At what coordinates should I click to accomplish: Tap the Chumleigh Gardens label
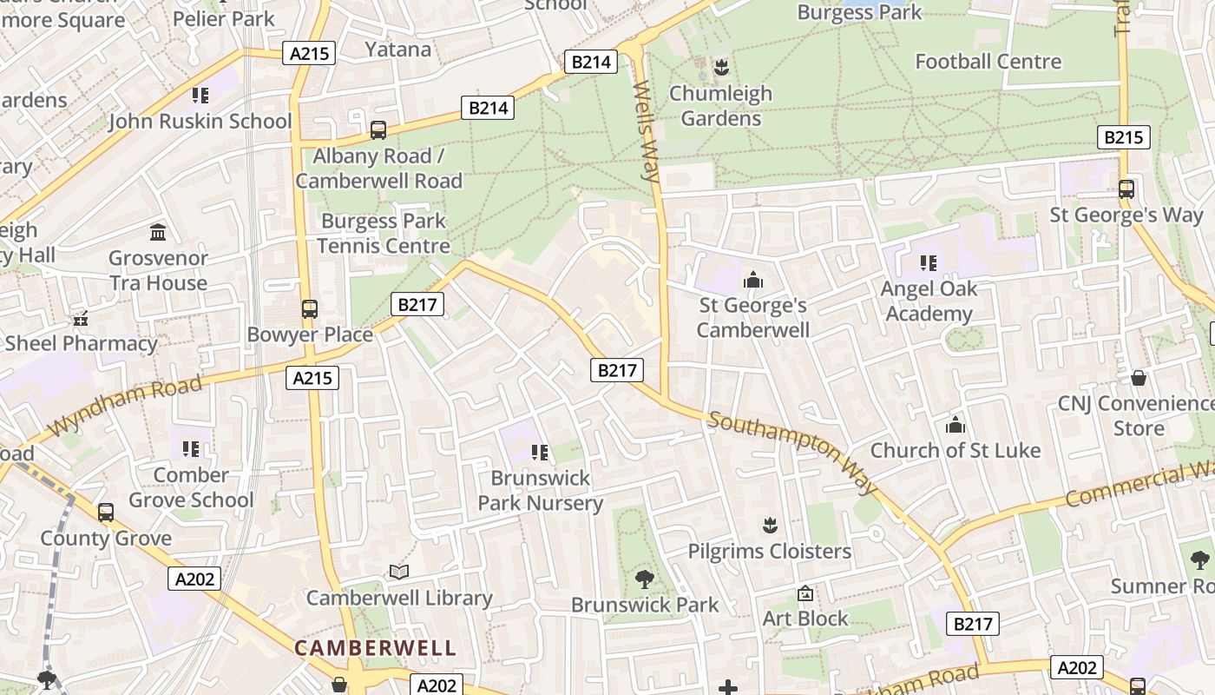(720, 106)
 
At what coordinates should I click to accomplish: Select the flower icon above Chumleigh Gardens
(720, 67)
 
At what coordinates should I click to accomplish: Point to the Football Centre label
(988, 62)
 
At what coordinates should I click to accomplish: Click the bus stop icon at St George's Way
(1126, 189)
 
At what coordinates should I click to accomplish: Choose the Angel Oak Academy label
(929, 301)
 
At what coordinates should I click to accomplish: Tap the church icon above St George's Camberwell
(752, 280)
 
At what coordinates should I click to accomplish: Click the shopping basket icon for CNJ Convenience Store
(1139, 378)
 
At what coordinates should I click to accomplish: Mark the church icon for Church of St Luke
(956, 425)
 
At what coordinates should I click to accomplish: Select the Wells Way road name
(647, 130)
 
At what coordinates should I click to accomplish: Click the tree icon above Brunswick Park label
(644, 579)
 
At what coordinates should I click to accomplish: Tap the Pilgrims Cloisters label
(769, 552)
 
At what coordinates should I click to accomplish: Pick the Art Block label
(805, 619)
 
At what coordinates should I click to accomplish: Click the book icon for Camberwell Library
(399, 572)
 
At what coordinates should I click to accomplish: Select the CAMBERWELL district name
(374, 648)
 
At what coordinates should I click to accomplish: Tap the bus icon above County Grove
(106, 513)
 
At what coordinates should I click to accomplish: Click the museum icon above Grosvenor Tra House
(158, 232)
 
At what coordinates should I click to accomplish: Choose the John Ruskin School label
(200, 121)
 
